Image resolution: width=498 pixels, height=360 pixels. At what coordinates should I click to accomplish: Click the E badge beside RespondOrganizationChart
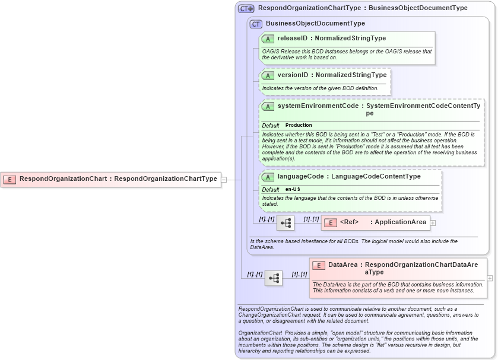9,179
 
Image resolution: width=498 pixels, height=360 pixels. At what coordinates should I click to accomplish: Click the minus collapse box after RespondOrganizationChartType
224,179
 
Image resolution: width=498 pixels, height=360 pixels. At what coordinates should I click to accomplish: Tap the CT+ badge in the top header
246,9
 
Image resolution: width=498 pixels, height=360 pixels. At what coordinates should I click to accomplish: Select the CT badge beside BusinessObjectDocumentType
256,24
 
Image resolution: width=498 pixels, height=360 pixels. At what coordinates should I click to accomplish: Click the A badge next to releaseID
268,39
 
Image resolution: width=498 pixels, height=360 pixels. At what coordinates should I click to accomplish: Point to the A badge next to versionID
268,76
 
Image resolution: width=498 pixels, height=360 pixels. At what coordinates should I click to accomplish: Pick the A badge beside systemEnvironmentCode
268,107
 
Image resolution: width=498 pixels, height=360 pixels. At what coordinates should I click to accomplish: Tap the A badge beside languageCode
268,177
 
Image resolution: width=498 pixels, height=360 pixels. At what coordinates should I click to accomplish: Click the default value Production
299,126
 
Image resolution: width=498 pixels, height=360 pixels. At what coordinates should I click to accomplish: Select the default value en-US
293,189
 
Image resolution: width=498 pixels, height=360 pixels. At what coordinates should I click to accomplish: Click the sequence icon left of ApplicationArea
286,223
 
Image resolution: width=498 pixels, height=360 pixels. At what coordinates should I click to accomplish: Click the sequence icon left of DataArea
274,278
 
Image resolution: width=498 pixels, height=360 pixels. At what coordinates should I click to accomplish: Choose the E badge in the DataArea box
319,266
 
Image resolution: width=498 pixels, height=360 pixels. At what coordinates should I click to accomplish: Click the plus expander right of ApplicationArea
433,223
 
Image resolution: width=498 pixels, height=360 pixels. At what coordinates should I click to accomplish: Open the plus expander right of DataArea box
490,278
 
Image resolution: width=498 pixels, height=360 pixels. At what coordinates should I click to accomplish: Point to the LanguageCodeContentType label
376,176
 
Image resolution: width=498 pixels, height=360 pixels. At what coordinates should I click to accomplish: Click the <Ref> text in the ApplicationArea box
350,222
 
